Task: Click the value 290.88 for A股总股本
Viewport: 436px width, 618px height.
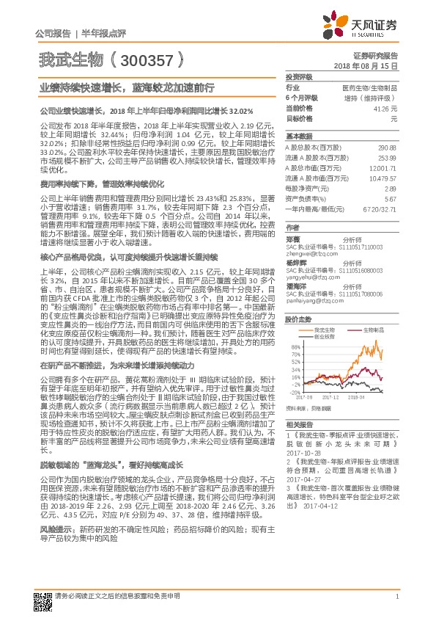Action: (x=386, y=148)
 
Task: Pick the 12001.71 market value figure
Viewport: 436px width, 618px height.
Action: (x=384, y=168)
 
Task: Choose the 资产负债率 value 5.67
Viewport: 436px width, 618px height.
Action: (x=391, y=199)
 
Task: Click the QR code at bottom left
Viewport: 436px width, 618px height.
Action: (x=43, y=595)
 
